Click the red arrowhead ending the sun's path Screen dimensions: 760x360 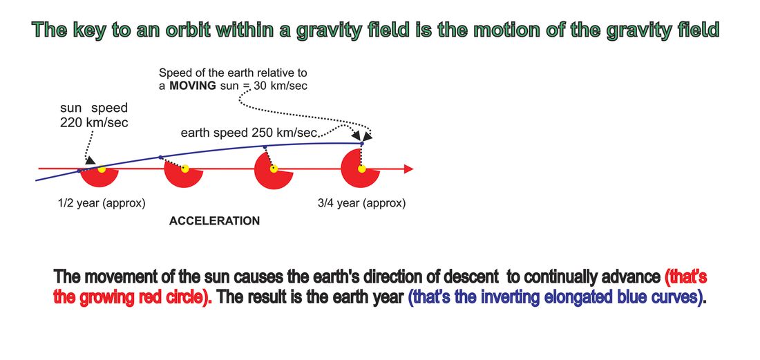click(x=408, y=169)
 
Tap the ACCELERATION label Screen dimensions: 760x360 click(x=214, y=221)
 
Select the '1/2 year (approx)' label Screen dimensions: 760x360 click(x=102, y=204)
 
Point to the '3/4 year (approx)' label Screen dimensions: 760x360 click(x=361, y=204)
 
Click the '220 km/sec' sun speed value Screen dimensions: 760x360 click(x=94, y=122)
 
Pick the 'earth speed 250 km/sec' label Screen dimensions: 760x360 click(x=249, y=132)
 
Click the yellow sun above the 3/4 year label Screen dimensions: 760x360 click(x=361, y=169)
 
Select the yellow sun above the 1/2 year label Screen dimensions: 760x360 click(x=102, y=169)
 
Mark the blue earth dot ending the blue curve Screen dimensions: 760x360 click(x=361, y=144)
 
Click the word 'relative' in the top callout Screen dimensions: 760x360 click(x=273, y=73)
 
